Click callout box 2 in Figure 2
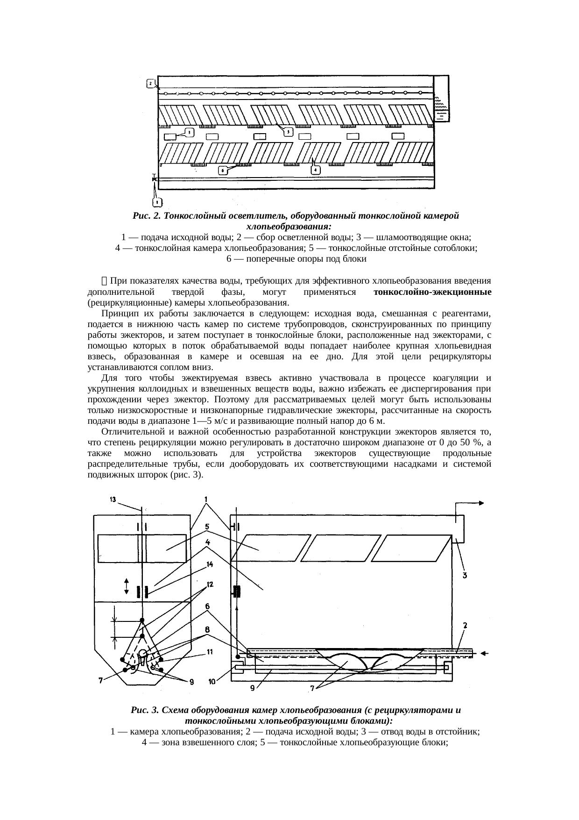click(x=150, y=84)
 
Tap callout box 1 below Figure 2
click(x=157, y=202)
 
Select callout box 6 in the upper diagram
click(x=223, y=171)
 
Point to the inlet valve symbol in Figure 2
click(x=154, y=179)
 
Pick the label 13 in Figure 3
click(x=113, y=499)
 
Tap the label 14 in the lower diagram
click(x=210, y=564)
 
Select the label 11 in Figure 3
click(x=210, y=652)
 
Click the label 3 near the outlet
click(x=465, y=576)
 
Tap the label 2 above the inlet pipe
click(x=465, y=625)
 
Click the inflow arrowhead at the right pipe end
click(x=484, y=654)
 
